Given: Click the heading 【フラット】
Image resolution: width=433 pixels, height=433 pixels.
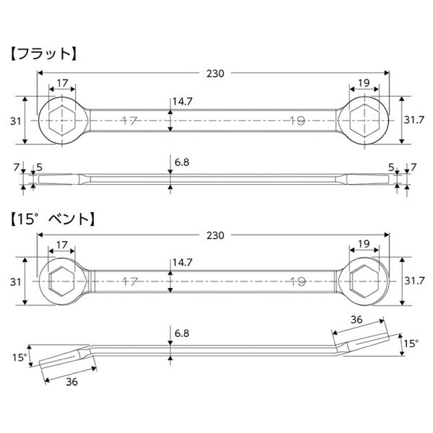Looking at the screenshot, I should [x=43, y=53].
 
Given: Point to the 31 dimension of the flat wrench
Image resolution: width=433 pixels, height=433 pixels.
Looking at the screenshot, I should [x=14, y=121].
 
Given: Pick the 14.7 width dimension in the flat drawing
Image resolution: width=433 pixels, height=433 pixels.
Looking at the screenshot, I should [x=182, y=102].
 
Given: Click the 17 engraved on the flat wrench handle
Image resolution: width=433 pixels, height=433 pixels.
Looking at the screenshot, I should [x=130, y=121].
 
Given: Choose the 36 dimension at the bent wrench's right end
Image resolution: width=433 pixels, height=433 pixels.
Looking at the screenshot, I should [x=356, y=319].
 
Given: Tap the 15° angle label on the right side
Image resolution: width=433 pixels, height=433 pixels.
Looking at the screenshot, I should [x=411, y=344].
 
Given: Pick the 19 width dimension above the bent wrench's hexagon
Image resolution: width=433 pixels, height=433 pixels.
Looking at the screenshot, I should [x=364, y=245].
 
